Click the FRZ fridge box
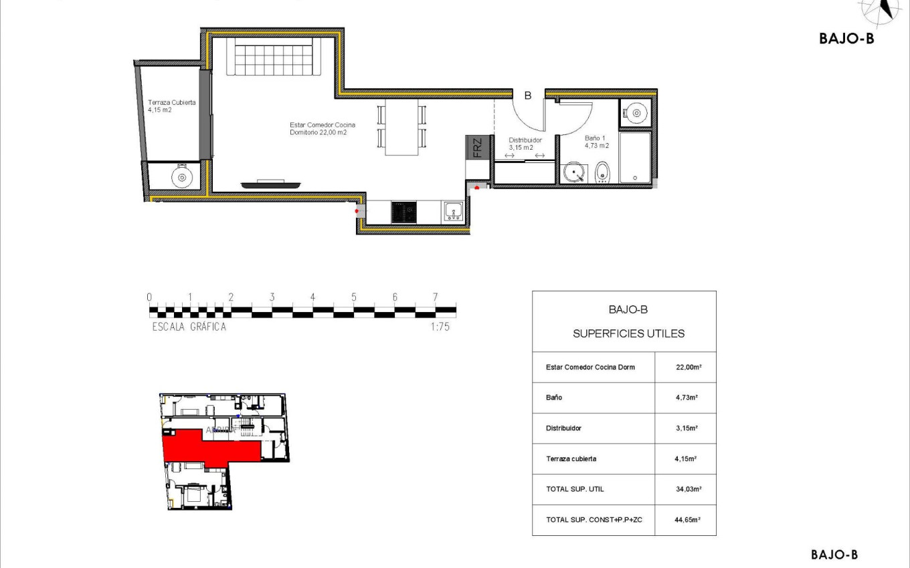(x=476, y=147)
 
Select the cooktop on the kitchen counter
(x=403, y=212)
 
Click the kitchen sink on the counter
(x=454, y=212)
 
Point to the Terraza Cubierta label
(x=172, y=106)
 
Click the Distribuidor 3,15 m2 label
(x=525, y=144)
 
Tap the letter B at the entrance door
(x=527, y=96)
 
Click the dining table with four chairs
(x=402, y=127)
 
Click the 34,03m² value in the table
(x=687, y=489)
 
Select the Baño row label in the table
(x=554, y=398)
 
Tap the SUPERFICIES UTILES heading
(x=628, y=333)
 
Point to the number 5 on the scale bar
(x=354, y=297)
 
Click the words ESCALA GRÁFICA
(x=189, y=327)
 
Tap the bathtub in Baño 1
(x=634, y=158)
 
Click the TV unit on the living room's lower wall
(x=270, y=183)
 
